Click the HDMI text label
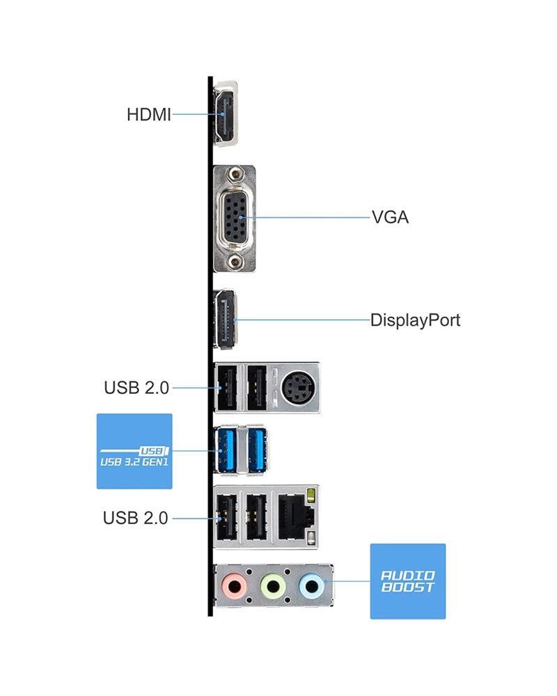click(x=148, y=114)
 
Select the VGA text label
click(x=390, y=217)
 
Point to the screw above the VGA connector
click(x=237, y=176)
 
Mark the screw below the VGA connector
click(x=237, y=261)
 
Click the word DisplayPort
click(x=415, y=320)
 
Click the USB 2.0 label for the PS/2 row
click(x=136, y=388)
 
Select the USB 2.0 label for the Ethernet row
click(x=136, y=518)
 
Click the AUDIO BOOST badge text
click(x=407, y=581)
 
